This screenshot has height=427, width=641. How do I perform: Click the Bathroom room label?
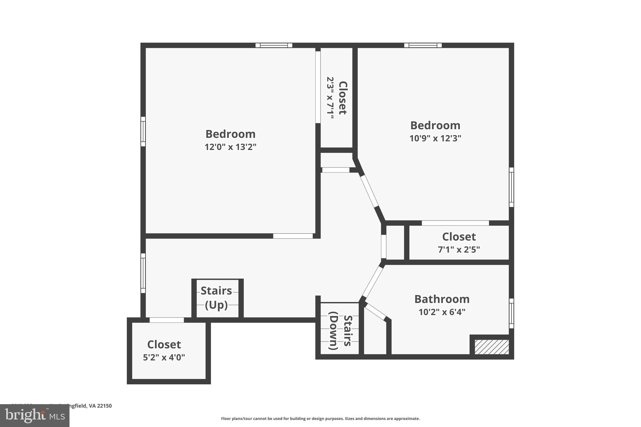tap(442, 299)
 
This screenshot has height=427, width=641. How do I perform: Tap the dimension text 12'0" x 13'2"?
tap(230, 147)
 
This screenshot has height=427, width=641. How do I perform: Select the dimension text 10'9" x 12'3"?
tap(435, 138)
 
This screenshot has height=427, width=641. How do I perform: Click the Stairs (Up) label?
tap(216, 297)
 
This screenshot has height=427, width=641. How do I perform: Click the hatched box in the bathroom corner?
tap(491, 347)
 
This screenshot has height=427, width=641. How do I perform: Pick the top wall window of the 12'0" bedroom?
tap(274, 45)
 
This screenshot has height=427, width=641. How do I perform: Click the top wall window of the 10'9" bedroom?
tap(423, 45)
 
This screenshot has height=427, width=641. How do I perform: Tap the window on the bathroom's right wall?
tap(511, 313)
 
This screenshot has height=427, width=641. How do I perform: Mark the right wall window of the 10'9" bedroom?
tap(511, 187)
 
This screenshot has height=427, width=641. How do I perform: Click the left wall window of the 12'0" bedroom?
tap(143, 131)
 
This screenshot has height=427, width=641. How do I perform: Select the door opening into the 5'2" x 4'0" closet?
tap(167, 320)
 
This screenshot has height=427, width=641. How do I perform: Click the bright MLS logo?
tap(35, 416)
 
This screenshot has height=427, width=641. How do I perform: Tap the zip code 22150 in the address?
tap(104, 406)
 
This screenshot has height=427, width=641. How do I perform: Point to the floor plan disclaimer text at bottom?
tap(320, 419)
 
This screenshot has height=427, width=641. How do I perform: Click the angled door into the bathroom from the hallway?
tap(373, 282)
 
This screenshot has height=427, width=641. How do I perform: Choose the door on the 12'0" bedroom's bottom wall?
tap(293, 236)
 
